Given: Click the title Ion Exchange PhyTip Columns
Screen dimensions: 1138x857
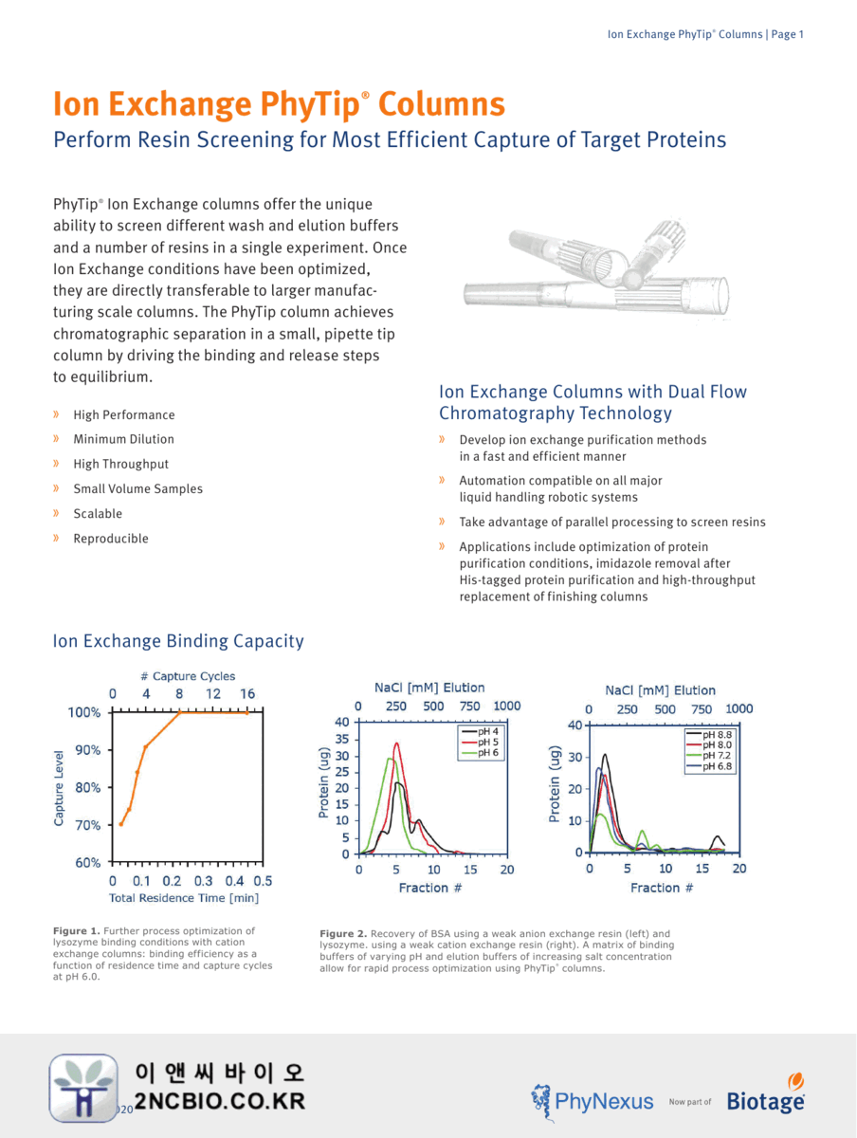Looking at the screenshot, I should (x=279, y=103).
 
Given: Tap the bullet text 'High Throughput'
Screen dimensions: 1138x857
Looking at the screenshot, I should (x=120, y=464).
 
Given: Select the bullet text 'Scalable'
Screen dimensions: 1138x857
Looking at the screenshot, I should (x=98, y=513).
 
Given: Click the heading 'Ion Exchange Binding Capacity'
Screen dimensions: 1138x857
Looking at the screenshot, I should (x=178, y=641).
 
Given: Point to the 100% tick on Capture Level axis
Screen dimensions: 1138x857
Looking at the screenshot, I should (x=82, y=712).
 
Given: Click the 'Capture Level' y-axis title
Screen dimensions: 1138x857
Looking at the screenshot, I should (x=59, y=788).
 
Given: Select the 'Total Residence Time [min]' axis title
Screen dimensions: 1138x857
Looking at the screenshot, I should (x=184, y=897).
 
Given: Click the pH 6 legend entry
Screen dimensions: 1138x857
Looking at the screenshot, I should (x=485, y=752).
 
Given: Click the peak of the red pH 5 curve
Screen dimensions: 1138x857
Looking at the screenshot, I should (x=396, y=743).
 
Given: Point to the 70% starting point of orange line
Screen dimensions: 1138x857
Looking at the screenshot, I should (x=120, y=823).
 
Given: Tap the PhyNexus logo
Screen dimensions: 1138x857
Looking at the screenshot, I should (x=592, y=1101).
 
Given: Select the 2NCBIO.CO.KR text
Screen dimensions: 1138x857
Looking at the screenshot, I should (x=220, y=1101).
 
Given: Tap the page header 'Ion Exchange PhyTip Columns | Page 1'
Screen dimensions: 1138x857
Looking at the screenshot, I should (x=705, y=34).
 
